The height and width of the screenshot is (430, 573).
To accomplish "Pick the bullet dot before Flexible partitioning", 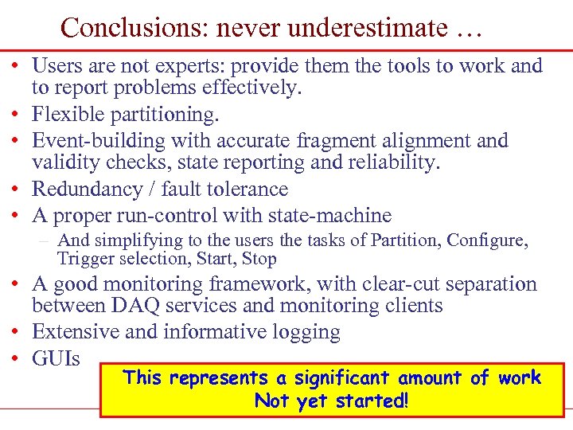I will pos(17,115).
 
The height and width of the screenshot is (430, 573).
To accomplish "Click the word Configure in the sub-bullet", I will pos(497,240).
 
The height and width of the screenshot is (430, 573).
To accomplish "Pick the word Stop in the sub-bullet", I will pos(259,259).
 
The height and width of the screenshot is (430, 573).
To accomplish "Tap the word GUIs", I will pos(56,358).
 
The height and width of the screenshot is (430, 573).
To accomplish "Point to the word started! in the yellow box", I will pos(368,401).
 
